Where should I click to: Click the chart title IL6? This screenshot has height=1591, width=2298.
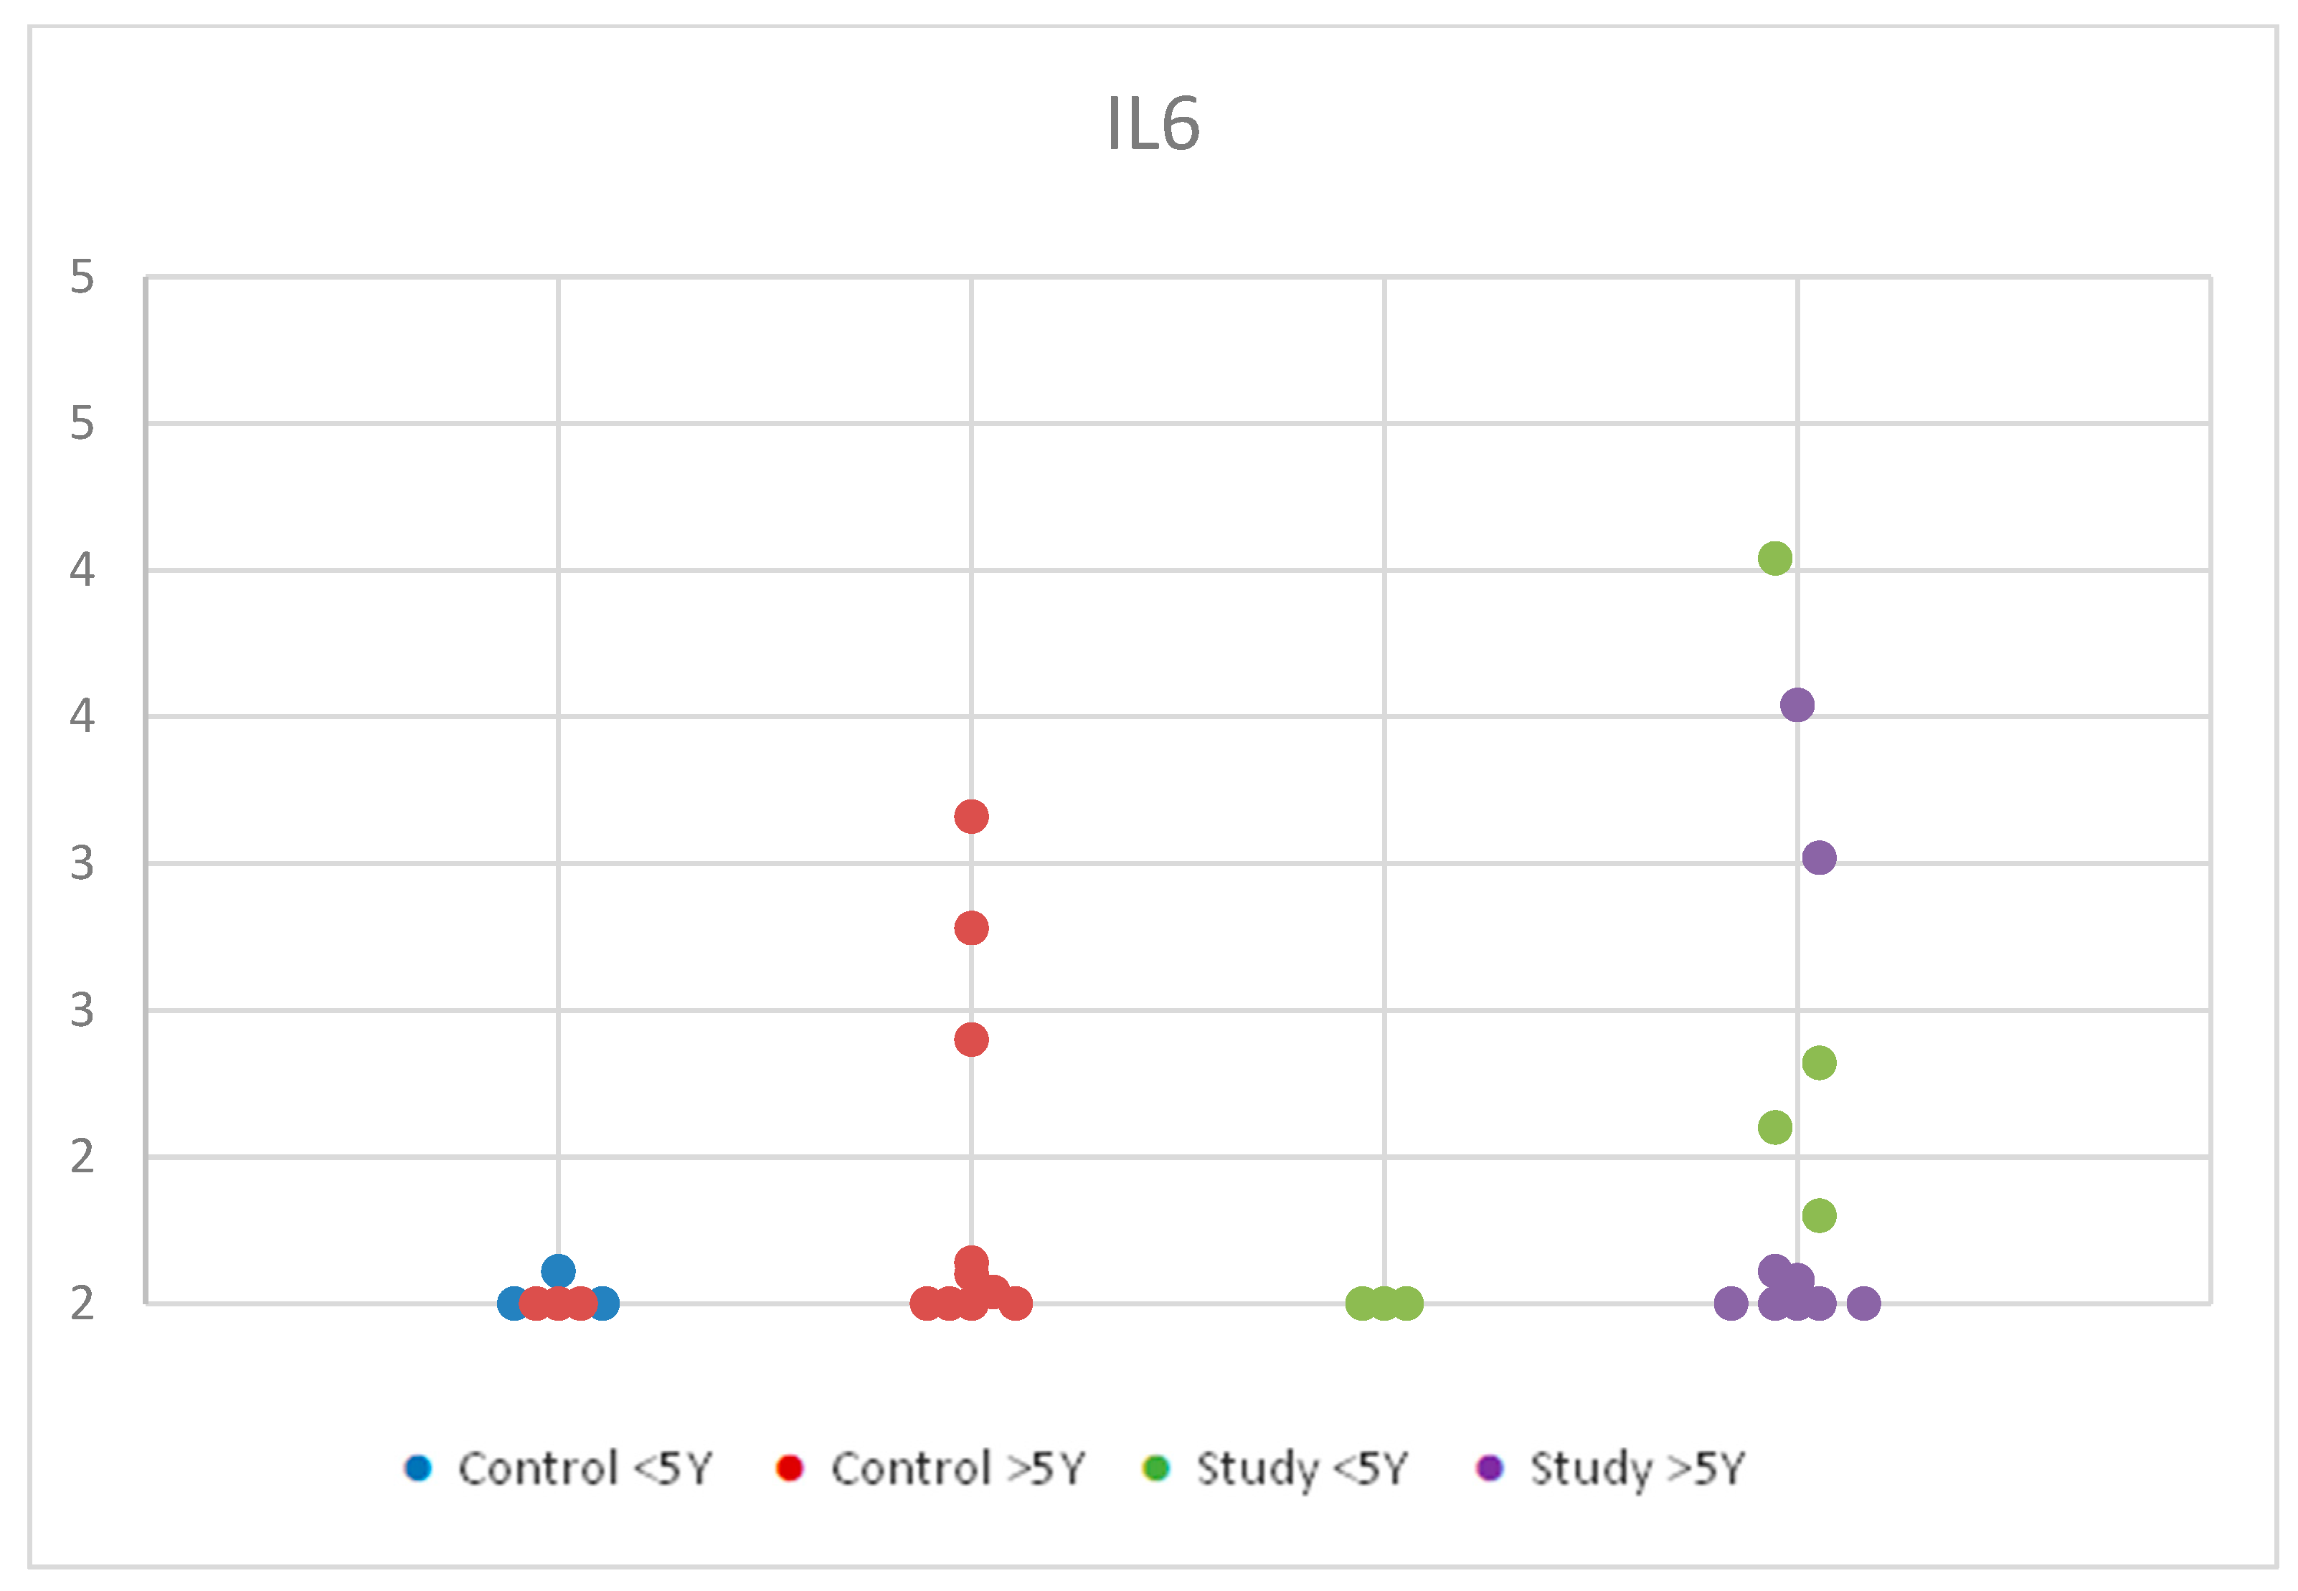[1153, 125]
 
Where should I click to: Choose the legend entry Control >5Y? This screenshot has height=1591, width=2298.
[931, 1468]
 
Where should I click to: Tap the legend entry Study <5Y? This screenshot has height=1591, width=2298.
[1276, 1468]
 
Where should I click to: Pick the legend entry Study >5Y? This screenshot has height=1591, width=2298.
[1611, 1468]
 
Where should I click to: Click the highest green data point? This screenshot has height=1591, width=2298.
[1774, 559]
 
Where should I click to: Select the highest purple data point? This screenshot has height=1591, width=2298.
[1797, 705]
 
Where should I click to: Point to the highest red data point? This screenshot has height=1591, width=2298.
[971, 817]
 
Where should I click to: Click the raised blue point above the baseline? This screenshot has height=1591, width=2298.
[558, 1271]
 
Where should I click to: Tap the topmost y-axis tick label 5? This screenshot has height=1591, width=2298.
[82, 277]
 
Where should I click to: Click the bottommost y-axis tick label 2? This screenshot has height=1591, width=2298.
[82, 1303]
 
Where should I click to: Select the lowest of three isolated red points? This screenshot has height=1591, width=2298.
[971, 1040]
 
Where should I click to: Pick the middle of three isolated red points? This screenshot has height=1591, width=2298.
[971, 928]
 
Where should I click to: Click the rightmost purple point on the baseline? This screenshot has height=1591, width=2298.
[1863, 1303]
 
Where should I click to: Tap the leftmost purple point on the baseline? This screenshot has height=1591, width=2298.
[1731, 1303]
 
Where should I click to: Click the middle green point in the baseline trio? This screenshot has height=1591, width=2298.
[1384, 1303]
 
